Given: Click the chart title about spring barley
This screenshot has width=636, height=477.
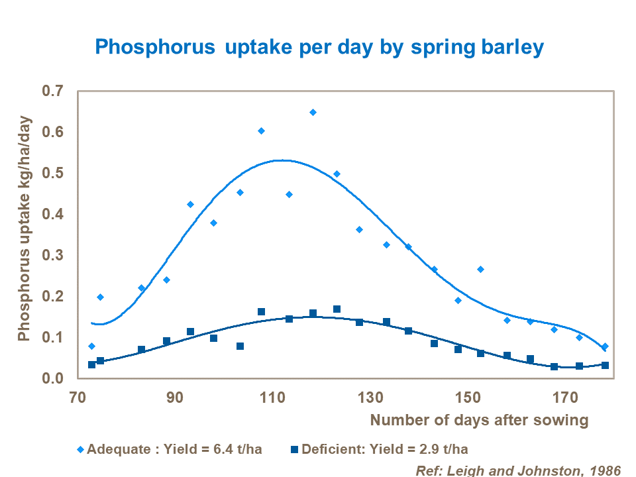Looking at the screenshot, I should [319, 47].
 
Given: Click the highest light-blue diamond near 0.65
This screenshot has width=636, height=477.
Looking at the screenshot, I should [313, 113].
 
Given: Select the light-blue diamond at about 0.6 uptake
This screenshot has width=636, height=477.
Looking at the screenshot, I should [261, 131].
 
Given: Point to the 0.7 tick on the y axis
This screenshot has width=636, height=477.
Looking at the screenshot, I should [56, 91].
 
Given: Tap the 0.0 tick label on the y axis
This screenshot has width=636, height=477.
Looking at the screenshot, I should [56, 378].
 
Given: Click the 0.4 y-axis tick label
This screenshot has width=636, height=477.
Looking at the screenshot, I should [56, 215].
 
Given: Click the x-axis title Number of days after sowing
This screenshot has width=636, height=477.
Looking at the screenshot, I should [479, 420].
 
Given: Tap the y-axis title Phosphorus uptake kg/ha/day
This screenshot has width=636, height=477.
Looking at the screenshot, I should [25, 235].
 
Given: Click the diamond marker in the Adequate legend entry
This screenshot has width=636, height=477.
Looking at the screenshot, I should [80, 450].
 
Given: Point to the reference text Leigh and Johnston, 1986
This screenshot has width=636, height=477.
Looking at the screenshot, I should [518, 470].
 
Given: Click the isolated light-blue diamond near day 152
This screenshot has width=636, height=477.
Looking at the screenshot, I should [480, 269].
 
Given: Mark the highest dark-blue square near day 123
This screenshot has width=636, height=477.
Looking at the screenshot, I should [337, 309].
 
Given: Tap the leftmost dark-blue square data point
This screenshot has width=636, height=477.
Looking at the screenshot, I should [91, 364].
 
